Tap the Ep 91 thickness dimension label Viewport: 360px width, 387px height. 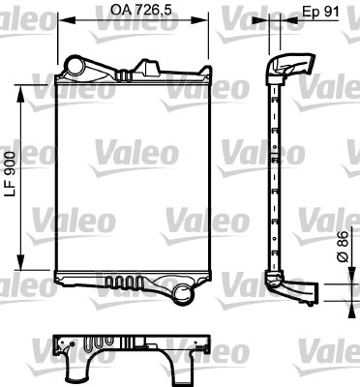click(x=318, y=13)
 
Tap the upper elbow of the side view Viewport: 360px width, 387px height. click(x=287, y=67)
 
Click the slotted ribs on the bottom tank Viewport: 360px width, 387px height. click(x=120, y=283)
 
